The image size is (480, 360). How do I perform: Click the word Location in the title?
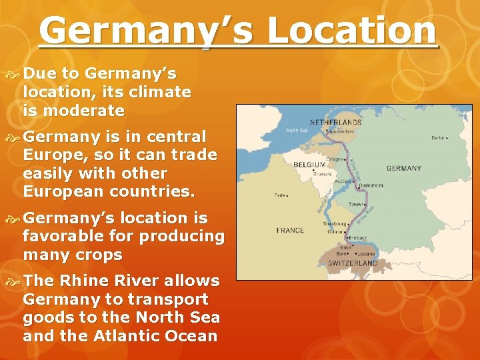pos(349,31)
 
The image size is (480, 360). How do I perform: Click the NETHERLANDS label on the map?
pos(336,123)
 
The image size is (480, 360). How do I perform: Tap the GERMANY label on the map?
pos(403,169)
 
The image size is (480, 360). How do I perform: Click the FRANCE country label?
pos(291,231)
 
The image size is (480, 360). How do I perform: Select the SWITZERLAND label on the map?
pos(353,263)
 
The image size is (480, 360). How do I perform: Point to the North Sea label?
pos(297,131)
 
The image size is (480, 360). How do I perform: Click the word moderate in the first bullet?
pos(83,111)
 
